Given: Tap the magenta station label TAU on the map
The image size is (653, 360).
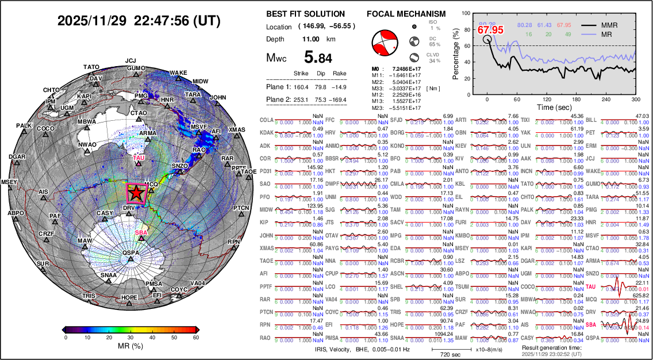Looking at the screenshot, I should [138, 157].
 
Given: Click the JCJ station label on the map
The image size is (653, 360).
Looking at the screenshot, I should [130, 60].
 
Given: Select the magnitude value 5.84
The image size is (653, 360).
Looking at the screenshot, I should [318, 58].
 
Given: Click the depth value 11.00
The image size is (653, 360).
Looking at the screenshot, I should [310, 39].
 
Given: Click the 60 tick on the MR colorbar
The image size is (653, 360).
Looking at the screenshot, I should [195, 338].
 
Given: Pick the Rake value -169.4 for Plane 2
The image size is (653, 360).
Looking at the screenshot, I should [339, 99].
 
